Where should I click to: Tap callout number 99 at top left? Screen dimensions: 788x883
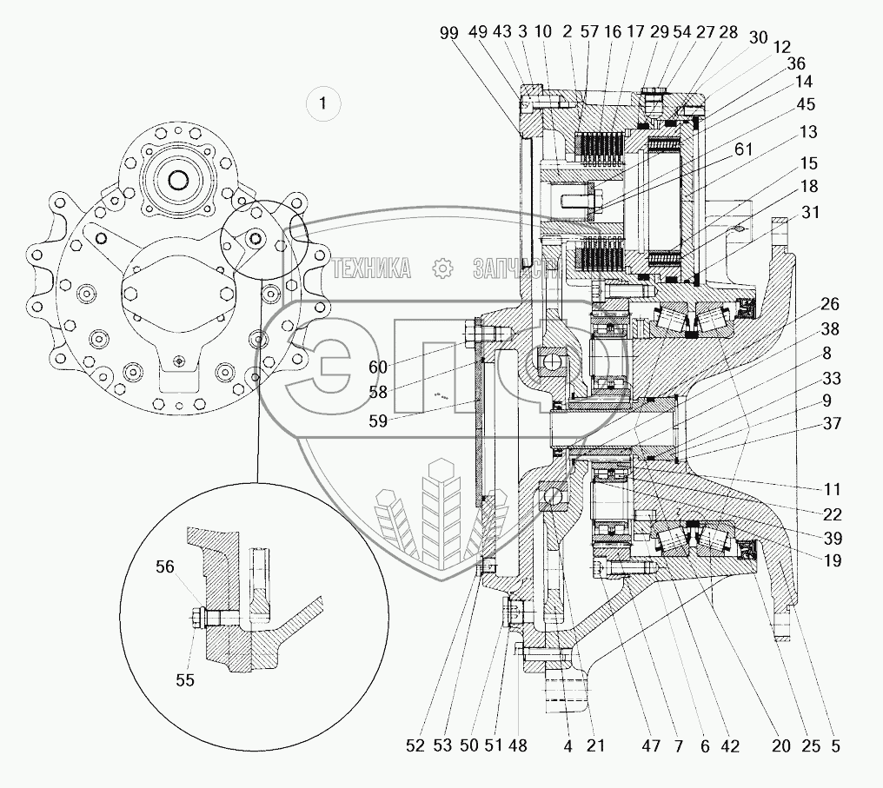pos(448,32)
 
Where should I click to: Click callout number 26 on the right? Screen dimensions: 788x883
pos(830,304)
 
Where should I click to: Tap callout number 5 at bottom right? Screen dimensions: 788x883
pos(834,745)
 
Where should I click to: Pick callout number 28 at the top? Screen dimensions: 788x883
pos(728,32)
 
